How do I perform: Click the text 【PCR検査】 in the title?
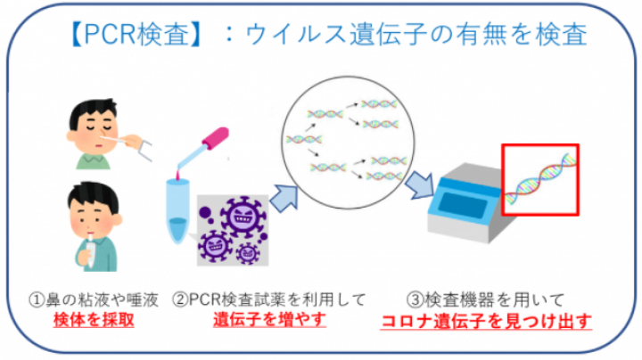coord(136,34)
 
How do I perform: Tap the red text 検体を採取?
coord(94,320)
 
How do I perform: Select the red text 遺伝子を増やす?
coord(269,319)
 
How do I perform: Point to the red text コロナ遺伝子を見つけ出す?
coord(486,321)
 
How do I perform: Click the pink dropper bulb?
coord(216,138)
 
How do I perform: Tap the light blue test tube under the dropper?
coord(177,210)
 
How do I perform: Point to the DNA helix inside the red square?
coord(540,179)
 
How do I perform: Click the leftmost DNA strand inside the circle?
coord(304,140)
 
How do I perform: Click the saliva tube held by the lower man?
coord(90,251)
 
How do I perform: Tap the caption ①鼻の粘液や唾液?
coord(94,300)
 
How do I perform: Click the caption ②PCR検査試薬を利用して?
coord(269,300)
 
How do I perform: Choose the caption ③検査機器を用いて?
coord(486,300)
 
